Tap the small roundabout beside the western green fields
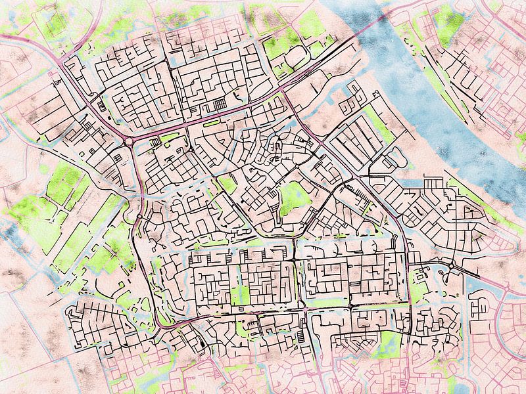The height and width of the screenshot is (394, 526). pyautogui.click(x=139, y=217)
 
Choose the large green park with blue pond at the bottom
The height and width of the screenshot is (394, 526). pyautogui.click(x=381, y=345)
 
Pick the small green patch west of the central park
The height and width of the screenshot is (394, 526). pyautogui.click(x=227, y=185)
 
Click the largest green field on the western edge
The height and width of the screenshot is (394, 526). pyautogui.click(x=62, y=184)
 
